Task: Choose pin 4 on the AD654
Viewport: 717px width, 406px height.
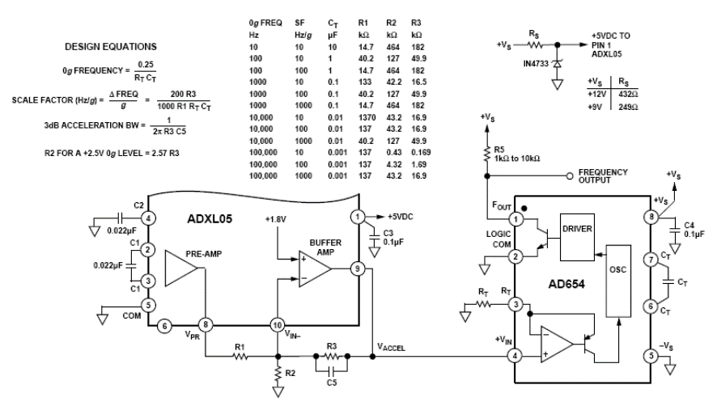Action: pos(515,353)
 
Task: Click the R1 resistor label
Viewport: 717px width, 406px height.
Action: pos(240,347)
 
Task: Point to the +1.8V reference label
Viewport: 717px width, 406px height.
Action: pos(278,221)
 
